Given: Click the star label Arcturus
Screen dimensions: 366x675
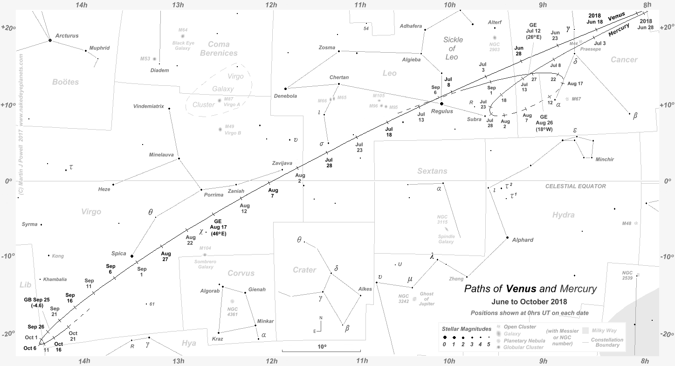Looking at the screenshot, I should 67,35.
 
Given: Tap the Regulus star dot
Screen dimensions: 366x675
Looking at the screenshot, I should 442,104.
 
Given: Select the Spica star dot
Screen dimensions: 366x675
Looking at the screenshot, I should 132,256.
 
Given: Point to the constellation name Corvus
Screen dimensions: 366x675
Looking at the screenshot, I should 241,273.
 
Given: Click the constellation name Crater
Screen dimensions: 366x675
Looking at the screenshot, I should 304,270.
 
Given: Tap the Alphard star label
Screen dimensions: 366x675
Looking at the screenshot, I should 523,240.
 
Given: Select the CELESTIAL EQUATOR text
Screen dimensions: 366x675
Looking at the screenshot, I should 576,186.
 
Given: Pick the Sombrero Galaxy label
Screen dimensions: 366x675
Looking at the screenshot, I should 206,264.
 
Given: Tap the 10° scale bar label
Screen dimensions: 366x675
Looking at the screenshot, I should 322,347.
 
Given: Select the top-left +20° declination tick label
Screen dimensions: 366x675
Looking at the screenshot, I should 8,28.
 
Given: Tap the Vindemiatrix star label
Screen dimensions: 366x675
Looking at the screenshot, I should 149,106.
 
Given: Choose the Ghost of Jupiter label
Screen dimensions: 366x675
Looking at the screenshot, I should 427,299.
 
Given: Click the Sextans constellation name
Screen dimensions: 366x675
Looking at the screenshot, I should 432,172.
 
